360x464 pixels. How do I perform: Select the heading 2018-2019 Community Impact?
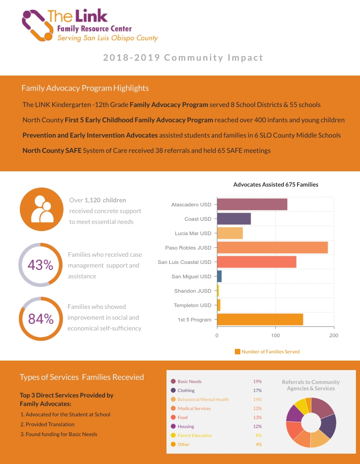[183, 58]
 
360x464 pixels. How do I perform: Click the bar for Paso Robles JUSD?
[272, 248]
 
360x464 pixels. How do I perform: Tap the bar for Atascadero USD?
[252, 205]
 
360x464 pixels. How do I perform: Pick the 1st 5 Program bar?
[260, 320]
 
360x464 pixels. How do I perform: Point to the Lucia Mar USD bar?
[230, 233]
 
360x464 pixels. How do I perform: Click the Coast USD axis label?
[198, 219]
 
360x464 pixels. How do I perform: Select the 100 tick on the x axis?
[275, 336]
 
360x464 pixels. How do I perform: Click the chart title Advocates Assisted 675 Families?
[275, 184]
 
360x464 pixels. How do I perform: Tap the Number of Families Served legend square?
[238, 352]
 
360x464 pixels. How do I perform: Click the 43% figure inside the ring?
[40, 265]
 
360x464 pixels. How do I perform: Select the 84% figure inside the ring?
[41, 319]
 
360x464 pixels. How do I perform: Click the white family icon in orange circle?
[41, 209]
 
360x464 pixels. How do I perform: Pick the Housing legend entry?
[186, 426]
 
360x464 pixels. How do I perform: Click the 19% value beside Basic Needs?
[257, 381]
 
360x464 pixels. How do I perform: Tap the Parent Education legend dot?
[173, 435]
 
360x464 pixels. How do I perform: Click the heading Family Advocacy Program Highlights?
[85, 88]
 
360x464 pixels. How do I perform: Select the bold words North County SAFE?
[52, 151]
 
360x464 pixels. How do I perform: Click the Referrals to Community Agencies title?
[310, 385]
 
